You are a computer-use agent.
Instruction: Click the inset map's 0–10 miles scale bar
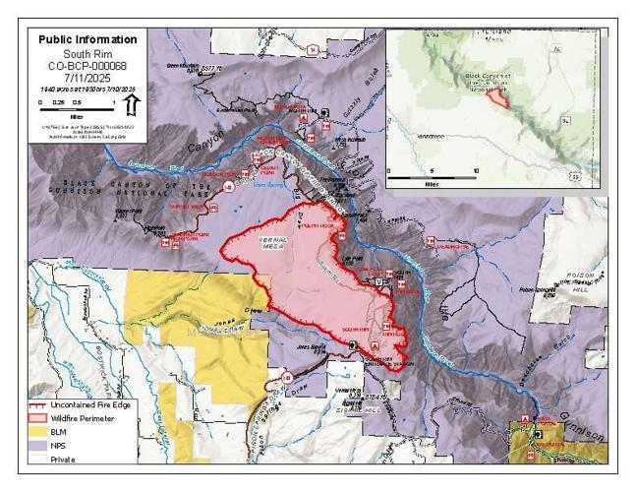[433, 174]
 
